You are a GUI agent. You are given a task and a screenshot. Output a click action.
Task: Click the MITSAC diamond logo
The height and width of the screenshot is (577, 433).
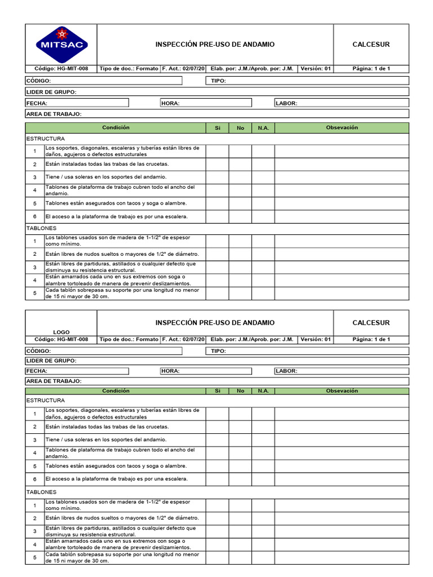(x=61, y=44)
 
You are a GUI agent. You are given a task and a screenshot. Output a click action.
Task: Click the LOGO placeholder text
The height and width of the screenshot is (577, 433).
(x=61, y=332)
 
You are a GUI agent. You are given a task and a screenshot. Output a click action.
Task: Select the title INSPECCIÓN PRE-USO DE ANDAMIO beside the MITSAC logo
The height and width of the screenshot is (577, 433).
(x=215, y=45)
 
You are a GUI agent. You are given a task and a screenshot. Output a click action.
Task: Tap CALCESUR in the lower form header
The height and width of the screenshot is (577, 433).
(x=371, y=323)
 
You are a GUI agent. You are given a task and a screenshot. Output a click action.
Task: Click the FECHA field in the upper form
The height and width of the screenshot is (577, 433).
(x=77, y=103)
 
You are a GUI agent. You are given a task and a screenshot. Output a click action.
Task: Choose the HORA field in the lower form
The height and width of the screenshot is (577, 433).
(x=206, y=371)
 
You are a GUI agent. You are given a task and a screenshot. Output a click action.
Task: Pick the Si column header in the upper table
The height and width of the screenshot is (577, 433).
(x=217, y=128)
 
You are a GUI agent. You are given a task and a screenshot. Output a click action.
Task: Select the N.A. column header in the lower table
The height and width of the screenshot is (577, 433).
(x=263, y=390)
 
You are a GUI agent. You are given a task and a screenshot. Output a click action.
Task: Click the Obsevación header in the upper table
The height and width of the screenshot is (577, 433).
(x=342, y=128)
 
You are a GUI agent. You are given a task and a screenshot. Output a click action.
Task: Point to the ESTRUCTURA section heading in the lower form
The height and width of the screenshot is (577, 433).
(x=46, y=401)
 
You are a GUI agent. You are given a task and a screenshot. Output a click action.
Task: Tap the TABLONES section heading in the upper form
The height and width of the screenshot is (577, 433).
(x=42, y=229)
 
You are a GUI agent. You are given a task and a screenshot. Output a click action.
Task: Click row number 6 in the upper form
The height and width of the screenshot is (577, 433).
(x=34, y=217)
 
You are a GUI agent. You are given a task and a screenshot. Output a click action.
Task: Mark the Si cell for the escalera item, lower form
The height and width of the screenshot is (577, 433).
(x=217, y=479)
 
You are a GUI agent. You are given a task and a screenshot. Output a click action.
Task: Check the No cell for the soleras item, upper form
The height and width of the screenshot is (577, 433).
(x=240, y=177)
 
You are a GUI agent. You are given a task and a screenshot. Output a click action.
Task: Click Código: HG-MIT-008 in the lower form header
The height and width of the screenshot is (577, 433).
(x=61, y=340)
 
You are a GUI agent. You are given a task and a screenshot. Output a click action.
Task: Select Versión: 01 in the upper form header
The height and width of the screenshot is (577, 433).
(x=316, y=69)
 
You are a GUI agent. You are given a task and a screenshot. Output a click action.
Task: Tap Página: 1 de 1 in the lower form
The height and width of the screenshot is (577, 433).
(x=371, y=340)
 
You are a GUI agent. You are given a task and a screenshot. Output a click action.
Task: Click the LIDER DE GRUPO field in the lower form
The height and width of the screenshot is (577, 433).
(x=217, y=361)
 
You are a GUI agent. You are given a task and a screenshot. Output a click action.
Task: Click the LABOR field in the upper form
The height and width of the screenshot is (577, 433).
(x=342, y=103)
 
